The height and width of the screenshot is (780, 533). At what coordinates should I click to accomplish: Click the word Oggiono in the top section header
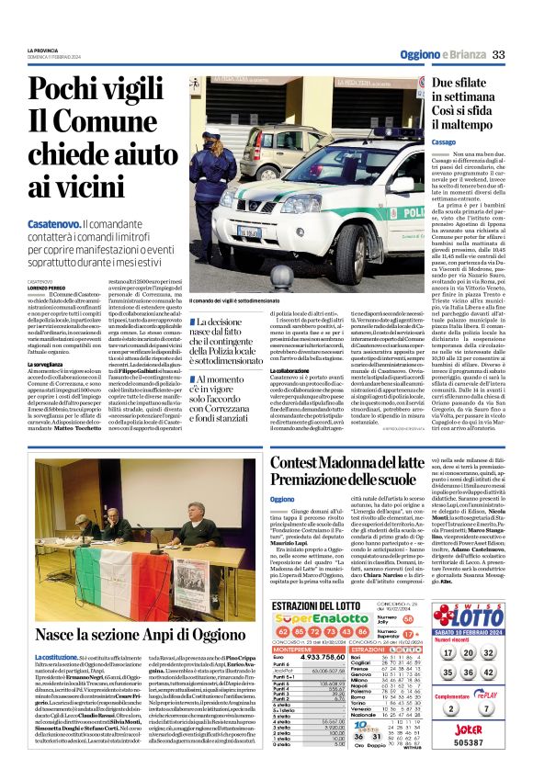(x=419, y=55)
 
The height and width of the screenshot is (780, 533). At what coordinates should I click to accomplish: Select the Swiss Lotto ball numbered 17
(x=444, y=652)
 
